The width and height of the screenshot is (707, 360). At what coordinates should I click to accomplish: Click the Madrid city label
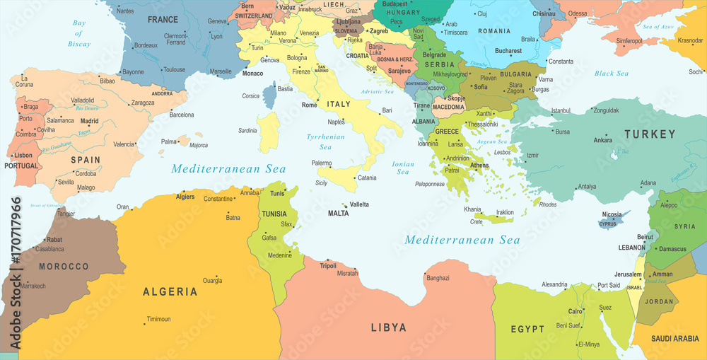click(x=89, y=121)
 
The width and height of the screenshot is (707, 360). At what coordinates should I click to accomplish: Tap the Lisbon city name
click(x=23, y=155)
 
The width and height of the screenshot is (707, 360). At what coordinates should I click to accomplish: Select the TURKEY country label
click(x=649, y=134)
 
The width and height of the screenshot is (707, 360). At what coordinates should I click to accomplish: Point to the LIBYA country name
click(x=389, y=327)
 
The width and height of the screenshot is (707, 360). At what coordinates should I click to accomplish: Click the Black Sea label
click(x=612, y=74)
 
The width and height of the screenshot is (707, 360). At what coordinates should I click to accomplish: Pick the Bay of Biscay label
click(x=78, y=33)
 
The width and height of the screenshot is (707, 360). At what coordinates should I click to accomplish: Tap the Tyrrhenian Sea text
click(x=325, y=141)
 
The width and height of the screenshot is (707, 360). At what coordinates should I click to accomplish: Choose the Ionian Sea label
click(x=403, y=168)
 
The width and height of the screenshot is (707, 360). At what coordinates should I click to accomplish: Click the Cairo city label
click(x=575, y=311)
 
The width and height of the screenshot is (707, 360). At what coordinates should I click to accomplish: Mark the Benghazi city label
click(x=438, y=278)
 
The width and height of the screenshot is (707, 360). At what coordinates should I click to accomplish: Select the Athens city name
click(x=479, y=166)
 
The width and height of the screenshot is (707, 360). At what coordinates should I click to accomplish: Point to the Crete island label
click(x=477, y=221)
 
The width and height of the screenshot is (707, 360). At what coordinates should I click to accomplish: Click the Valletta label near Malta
click(x=359, y=204)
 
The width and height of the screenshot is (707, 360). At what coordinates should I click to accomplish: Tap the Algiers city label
click(x=185, y=197)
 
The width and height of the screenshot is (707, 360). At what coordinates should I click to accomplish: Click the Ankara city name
click(x=602, y=140)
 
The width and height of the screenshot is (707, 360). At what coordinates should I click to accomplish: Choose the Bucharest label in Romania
click(x=508, y=51)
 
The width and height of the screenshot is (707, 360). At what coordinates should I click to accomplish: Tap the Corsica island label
click(x=251, y=95)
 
